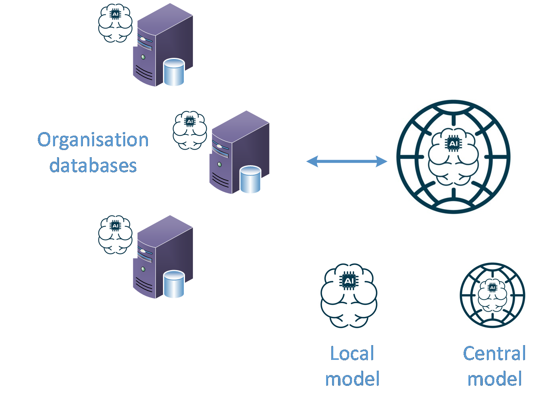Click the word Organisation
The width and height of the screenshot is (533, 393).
point(93,140)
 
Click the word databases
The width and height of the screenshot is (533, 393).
point(93,165)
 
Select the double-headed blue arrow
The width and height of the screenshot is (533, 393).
point(346,161)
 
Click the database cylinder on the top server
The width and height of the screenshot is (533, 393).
point(174,72)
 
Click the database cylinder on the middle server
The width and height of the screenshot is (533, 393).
point(250,180)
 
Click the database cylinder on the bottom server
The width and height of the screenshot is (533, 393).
point(174,284)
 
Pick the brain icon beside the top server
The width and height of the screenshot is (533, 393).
point(117,24)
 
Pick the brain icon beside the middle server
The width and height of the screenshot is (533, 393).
point(191,132)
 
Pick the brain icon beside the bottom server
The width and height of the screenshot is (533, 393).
point(117,236)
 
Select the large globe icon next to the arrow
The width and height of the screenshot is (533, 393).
point(456,160)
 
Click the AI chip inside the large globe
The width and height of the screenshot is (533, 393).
point(453,143)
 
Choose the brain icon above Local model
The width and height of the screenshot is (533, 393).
point(352,298)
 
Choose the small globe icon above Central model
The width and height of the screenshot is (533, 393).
point(494,296)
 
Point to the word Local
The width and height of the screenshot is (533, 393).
point(352,354)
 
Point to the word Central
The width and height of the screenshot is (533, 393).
point(494,354)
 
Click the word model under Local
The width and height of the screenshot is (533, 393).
point(352,379)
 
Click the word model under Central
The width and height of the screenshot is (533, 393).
point(494,379)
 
